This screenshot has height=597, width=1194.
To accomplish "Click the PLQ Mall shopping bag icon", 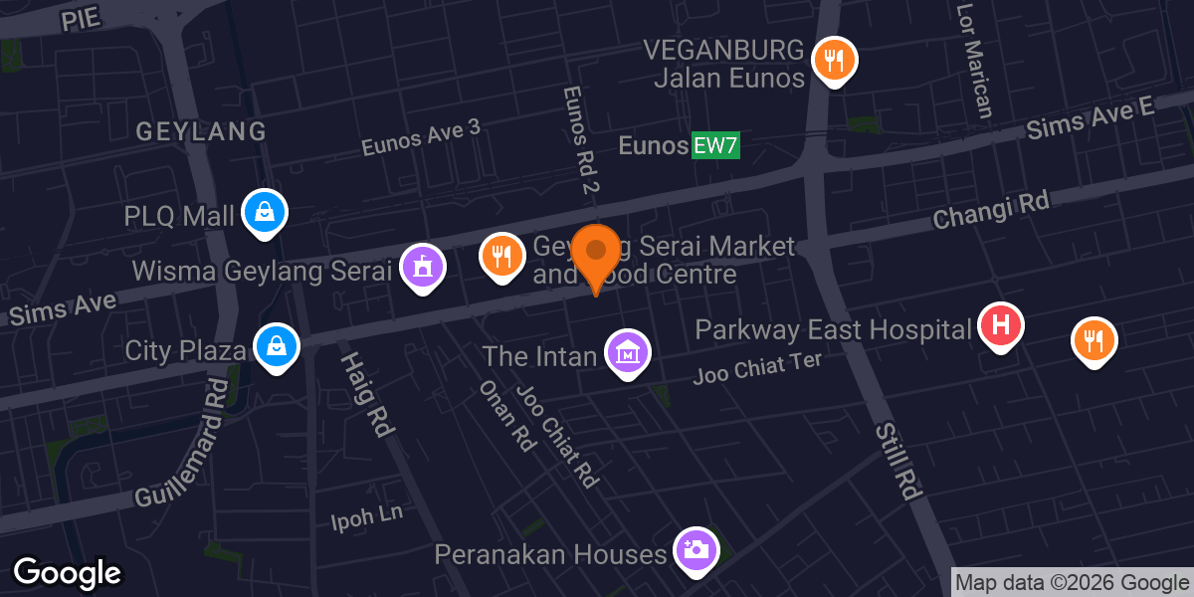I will (x=265, y=211).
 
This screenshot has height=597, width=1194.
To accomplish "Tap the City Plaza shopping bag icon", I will (x=273, y=346).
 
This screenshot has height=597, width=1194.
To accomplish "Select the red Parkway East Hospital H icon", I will (x=1001, y=325).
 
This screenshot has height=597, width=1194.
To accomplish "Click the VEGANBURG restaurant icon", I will (x=834, y=60).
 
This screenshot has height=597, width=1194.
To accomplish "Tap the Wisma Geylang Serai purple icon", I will (x=423, y=267).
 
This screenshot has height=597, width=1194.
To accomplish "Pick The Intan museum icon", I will (x=628, y=352).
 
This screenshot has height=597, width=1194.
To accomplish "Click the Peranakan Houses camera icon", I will (x=696, y=549).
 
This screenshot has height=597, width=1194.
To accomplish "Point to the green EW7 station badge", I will (x=716, y=146).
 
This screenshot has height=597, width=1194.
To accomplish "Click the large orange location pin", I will (x=597, y=253).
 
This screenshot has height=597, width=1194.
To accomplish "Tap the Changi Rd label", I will (x=991, y=212).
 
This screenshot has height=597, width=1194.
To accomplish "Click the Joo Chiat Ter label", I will (x=758, y=369).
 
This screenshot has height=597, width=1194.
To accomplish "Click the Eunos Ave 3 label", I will (x=421, y=138).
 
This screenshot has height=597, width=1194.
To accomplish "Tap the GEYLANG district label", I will (x=201, y=131).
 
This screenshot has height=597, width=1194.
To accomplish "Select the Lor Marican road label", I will (x=974, y=60).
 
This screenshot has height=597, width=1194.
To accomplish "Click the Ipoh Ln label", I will (x=367, y=517).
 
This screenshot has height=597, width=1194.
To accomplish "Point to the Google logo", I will (x=67, y=573).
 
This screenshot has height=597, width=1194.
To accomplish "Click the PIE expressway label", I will (x=82, y=18).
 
